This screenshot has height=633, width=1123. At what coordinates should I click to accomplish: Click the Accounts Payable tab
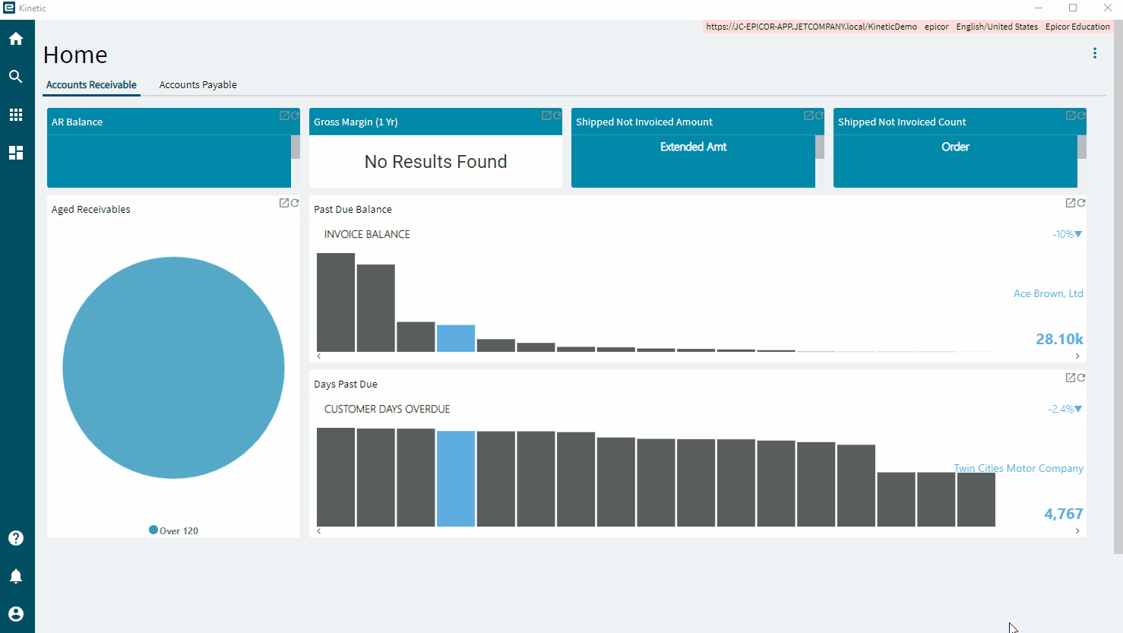198,84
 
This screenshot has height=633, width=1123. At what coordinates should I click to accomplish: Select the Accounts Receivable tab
91,84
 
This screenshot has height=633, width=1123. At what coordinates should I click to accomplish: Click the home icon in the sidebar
16,39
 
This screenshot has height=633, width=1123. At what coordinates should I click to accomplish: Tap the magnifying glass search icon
16,77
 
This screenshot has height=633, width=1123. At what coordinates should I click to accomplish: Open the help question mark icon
16,538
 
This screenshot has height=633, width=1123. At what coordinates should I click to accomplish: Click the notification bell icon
16,576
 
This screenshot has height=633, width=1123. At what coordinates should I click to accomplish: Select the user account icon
16,614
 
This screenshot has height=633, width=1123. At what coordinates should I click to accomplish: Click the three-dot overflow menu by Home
1095,53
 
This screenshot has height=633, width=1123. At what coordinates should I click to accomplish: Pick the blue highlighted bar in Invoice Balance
456,338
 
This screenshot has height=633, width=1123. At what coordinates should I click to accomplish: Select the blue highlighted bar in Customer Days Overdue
456,479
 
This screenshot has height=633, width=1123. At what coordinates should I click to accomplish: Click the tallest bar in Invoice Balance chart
336,302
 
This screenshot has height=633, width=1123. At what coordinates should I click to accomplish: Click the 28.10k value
1059,339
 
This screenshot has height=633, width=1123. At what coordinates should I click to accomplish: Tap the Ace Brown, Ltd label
1048,293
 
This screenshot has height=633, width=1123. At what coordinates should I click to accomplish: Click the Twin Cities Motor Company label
1018,468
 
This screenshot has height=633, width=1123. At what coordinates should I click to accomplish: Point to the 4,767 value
1063,514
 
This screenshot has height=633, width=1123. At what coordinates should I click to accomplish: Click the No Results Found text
435,162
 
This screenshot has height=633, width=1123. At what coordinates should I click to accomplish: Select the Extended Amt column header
693,147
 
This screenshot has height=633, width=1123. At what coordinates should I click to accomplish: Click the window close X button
1107,8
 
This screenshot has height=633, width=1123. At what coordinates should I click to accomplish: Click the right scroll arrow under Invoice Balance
1077,356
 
